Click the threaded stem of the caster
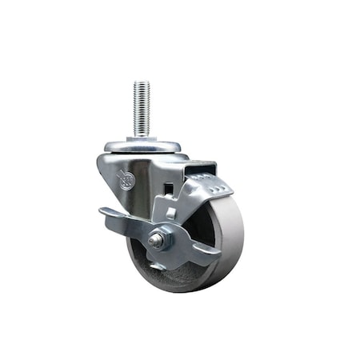[x=142, y=109]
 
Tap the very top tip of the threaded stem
[x=142, y=82]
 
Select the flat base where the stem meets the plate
[x=142, y=138]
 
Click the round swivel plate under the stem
[x=142, y=146]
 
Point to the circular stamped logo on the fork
[x=124, y=181]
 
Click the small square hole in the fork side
[x=169, y=189]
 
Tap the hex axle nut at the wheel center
[x=158, y=239]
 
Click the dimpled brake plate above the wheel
[x=206, y=189]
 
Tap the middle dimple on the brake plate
[x=207, y=189]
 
